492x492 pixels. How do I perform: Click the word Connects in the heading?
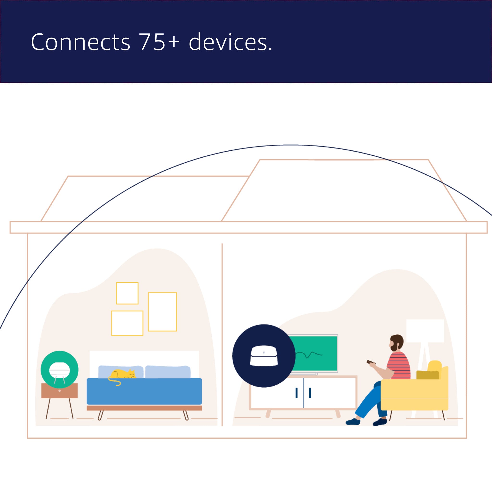point(80,42)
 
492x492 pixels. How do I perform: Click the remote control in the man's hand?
point(371,362)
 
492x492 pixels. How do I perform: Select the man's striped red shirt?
point(399,366)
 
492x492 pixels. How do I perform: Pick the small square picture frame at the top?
point(127,293)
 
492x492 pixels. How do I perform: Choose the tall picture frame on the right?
point(162,312)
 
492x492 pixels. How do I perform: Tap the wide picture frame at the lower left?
point(127,323)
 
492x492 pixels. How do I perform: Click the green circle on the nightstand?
point(59,369)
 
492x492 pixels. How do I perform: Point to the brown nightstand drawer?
point(59,391)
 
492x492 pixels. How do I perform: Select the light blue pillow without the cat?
point(168,372)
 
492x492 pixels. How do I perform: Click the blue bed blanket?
point(144,391)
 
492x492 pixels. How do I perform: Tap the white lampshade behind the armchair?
point(425,331)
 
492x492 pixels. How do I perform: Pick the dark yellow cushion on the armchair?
point(428,375)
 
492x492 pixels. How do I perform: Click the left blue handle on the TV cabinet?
point(297,393)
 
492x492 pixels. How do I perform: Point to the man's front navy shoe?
point(353,422)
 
